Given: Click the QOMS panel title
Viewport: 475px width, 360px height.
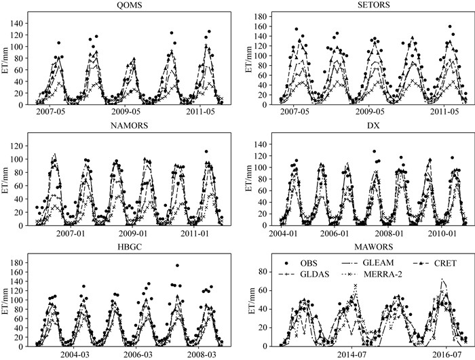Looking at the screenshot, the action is click(x=130, y=5).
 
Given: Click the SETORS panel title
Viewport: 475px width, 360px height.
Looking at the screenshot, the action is click(x=373, y=5).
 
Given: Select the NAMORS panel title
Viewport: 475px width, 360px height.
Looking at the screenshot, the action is click(x=130, y=125).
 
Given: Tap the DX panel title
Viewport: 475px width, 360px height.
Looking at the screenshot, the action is click(x=373, y=125).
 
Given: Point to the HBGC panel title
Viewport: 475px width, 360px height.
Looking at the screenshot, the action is click(x=130, y=247).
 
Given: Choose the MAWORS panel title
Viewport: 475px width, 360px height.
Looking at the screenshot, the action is click(x=373, y=247).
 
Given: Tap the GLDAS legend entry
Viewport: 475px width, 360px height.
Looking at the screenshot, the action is click(x=304, y=274).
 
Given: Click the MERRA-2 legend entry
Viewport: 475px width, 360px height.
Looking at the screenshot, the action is click(x=370, y=274).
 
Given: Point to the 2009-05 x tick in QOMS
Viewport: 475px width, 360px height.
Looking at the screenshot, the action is click(x=126, y=112).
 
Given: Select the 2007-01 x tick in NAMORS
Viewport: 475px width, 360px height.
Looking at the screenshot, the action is click(x=71, y=233).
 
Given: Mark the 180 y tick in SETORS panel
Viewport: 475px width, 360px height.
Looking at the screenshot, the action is click(x=261, y=16).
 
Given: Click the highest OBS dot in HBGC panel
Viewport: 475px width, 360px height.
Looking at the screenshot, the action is click(x=177, y=266).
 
